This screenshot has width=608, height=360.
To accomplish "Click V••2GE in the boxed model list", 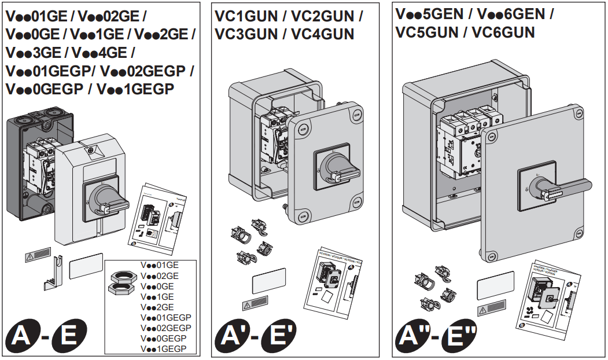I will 157,307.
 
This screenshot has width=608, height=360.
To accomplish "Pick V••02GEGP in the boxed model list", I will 166,328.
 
